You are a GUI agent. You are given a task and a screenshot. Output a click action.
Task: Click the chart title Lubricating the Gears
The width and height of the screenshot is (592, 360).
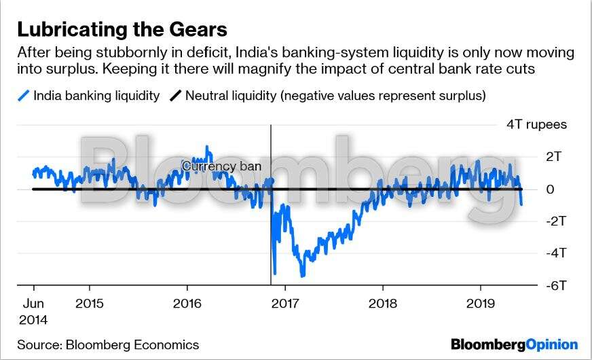[122, 29]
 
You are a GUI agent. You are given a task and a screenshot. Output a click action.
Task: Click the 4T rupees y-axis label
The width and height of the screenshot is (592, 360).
[536, 124]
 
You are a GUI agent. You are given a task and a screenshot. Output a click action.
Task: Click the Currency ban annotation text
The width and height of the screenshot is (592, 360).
[221, 166]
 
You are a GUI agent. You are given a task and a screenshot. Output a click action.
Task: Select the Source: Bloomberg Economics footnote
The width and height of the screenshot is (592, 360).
[108, 344]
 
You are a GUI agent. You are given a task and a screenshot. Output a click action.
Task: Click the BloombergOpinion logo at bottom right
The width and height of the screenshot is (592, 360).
[514, 344]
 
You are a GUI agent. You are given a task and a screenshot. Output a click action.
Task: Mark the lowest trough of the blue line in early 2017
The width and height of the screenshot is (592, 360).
[302, 276]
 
